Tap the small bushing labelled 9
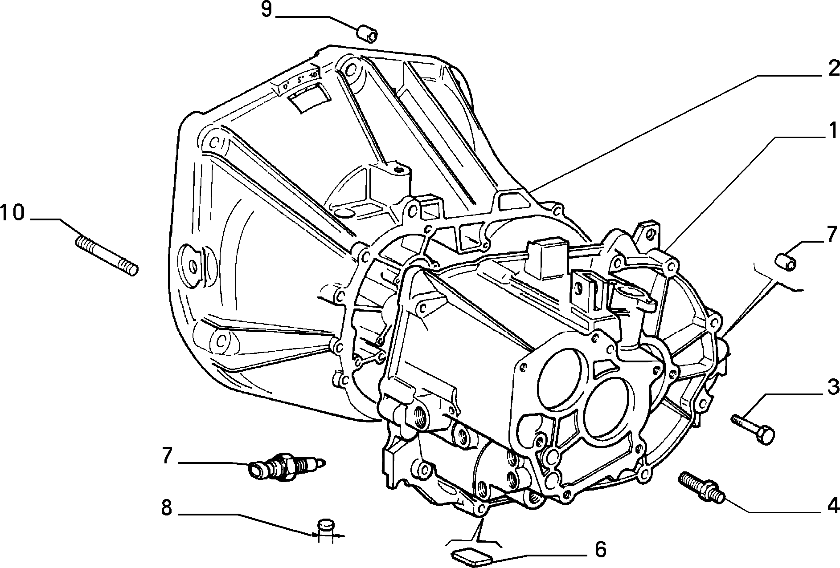367,34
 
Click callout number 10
12,212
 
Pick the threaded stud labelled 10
107,256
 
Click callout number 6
601,549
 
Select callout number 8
166,507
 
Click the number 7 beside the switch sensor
167,456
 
